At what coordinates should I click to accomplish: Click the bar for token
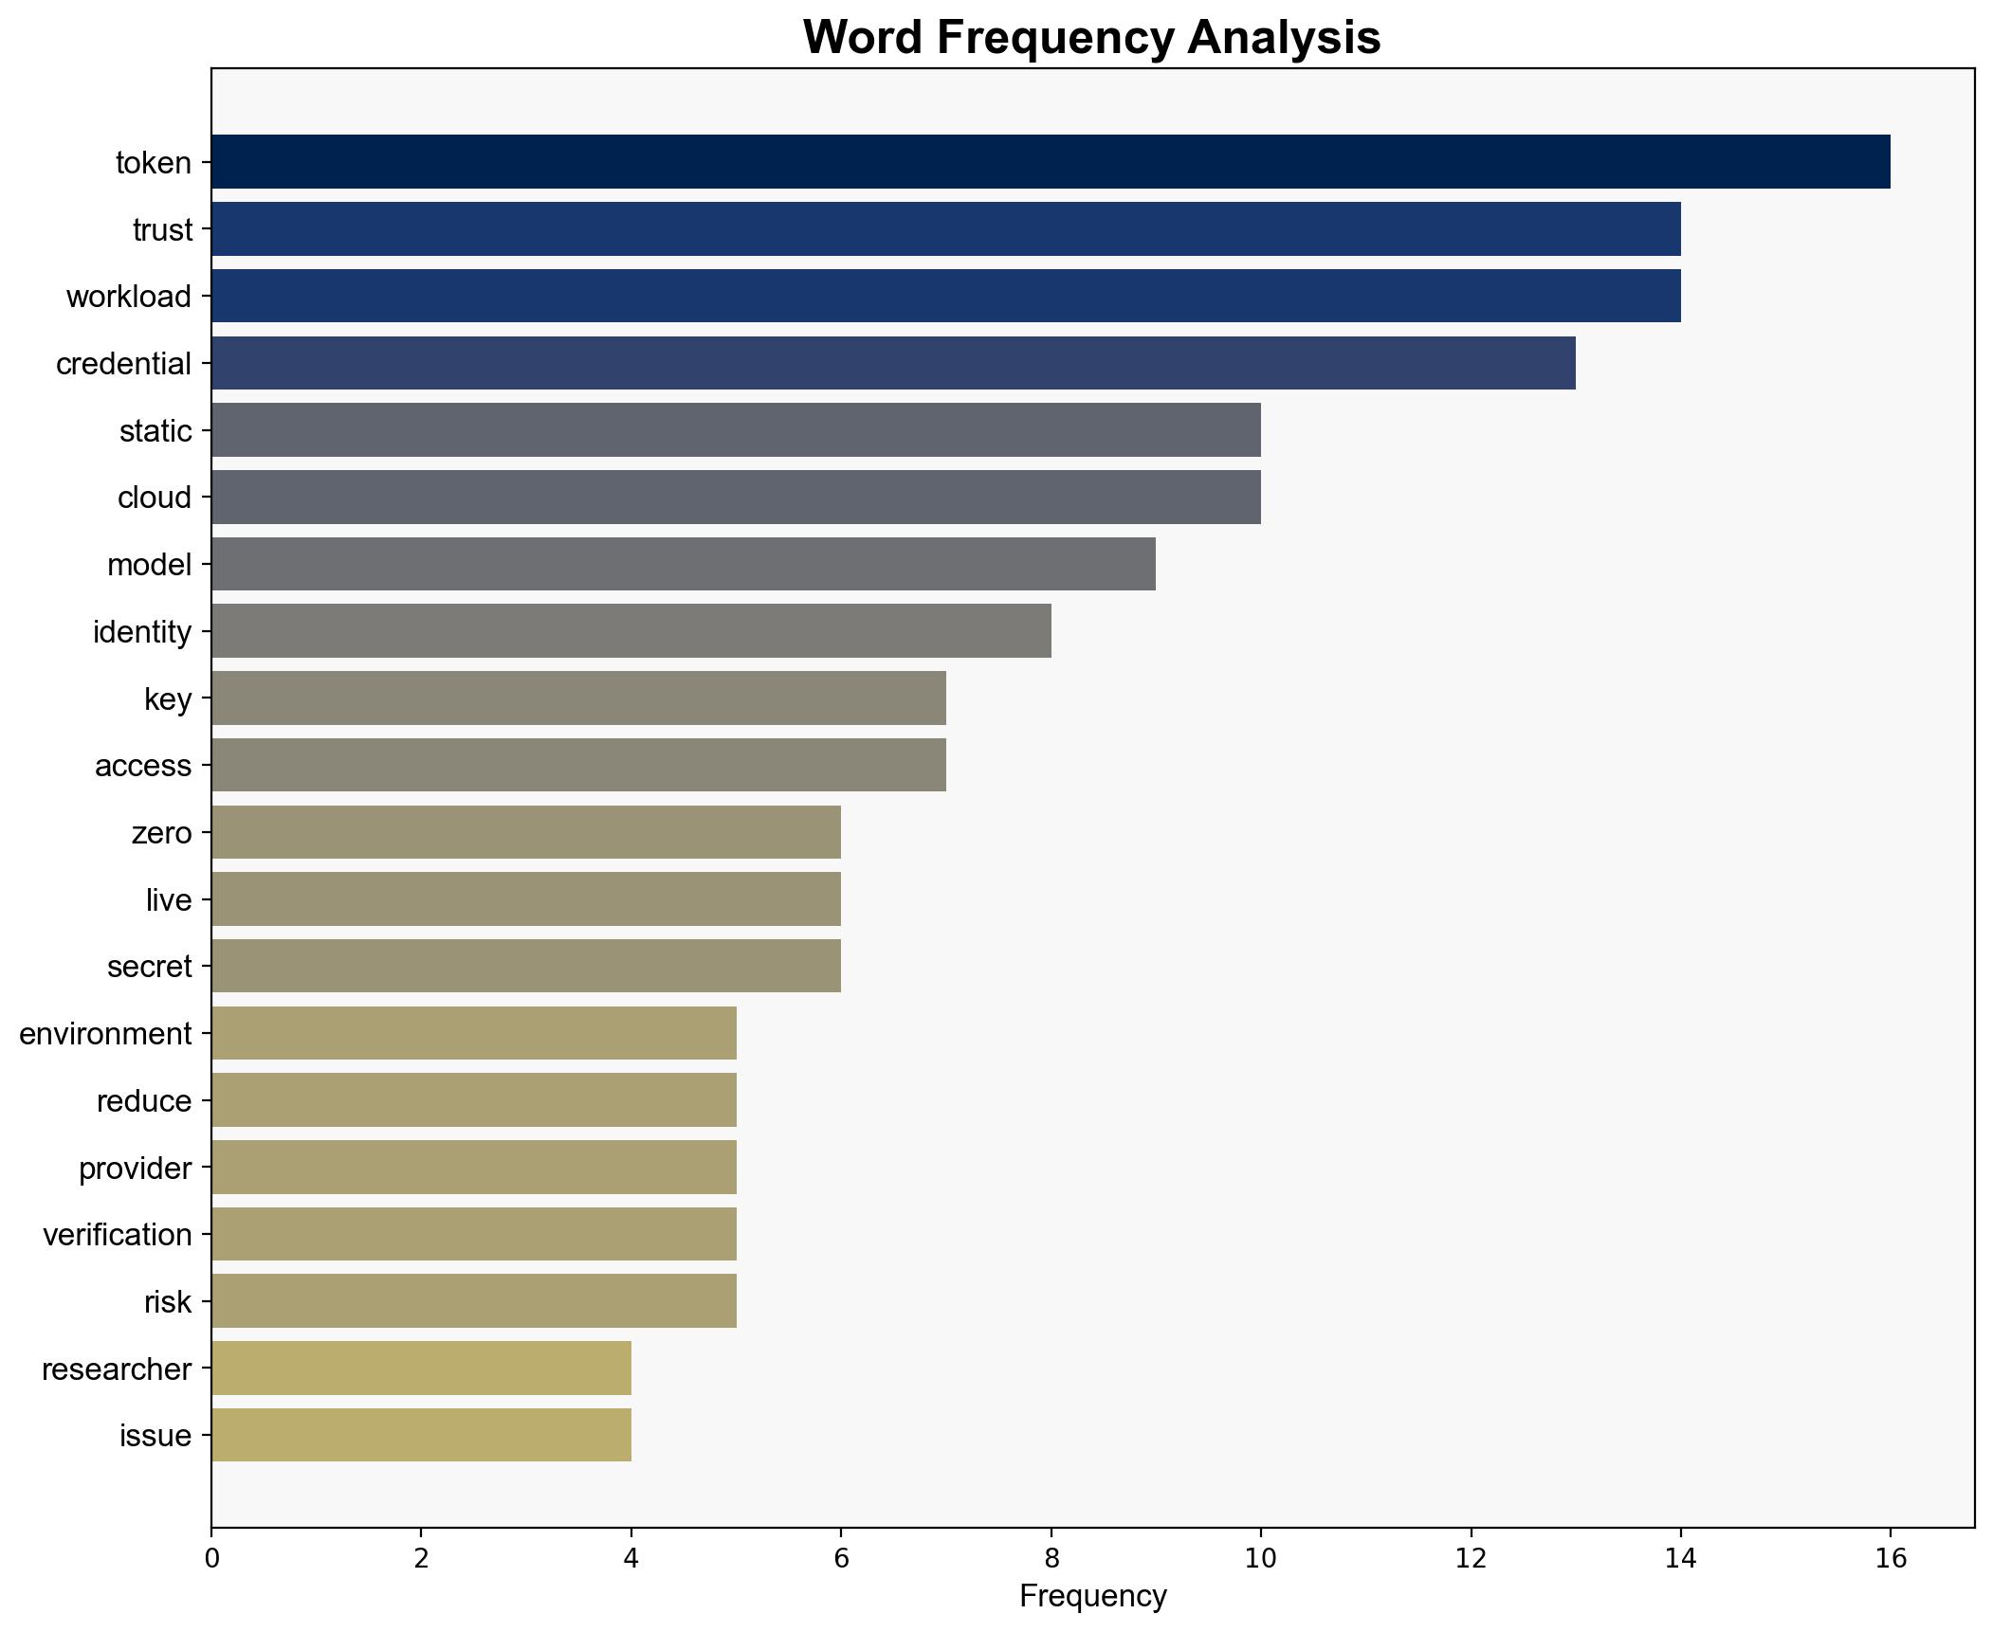pyautogui.click(x=1050, y=162)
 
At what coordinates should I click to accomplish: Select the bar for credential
pyautogui.click(x=892, y=363)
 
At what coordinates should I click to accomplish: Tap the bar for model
pyautogui.click(x=683, y=564)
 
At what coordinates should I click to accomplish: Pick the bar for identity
pyautogui.click(x=631, y=631)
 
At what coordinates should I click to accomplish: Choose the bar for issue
pyautogui.click(x=421, y=1435)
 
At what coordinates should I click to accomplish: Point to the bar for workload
pyautogui.click(x=945, y=296)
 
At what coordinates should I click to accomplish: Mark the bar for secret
pyautogui.click(x=525, y=966)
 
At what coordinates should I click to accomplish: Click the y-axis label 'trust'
pyautogui.click(x=162, y=230)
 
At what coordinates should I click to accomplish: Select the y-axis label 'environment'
pyautogui.click(x=105, y=1034)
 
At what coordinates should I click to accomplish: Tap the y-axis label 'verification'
pyautogui.click(x=118, y=1235)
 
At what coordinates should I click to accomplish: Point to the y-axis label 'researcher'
pyautogui.click(x=117, y=1369)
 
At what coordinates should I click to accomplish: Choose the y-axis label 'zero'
pyautogui.click(x=161, y=833)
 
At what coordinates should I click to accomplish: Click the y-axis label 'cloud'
pyautogui.click(x=154, y=498)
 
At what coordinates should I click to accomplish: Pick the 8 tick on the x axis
pyautogui.click(x=1051, y=1559)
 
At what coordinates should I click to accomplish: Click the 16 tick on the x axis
pyautogui.click(x=1891, y=1559)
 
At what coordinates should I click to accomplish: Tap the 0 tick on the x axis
pyautogui.click(x=211, y=1559)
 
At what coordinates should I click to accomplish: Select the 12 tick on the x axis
pyautogui.click(x=1471, y=1559)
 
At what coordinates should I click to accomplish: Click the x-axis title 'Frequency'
pyautogui.click(x=1092, y=1597)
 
